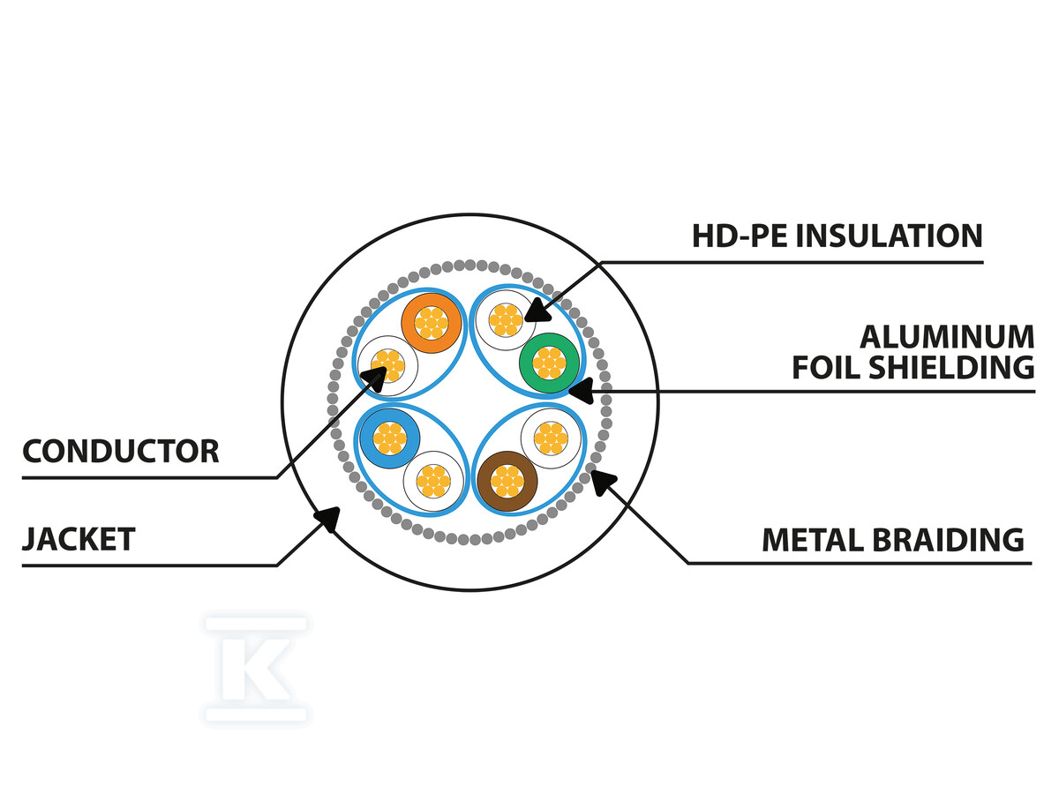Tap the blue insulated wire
click(x=388, y=438)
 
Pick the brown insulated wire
click(x=507, y=481)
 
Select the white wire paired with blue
click(x=432, y=481)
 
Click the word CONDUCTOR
click(x=120, y=452)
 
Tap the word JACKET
click(x=79, y=538)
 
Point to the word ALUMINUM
click(x=946, y=337)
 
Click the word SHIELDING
click(x=958, y=367)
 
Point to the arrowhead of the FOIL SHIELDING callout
click(x=576, y=388)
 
